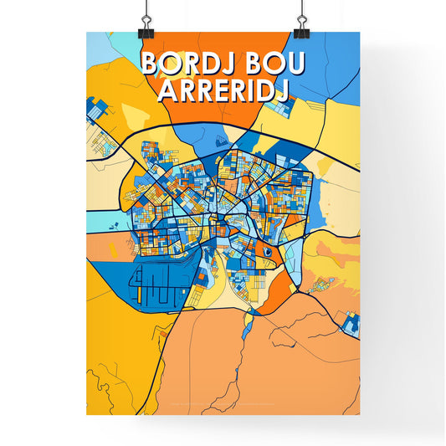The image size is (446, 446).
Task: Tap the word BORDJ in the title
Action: pyautogui.click(x=187, y=65)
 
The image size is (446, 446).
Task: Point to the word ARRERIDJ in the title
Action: pyautogui.click(x=223, y=90)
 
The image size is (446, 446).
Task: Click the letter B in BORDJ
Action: pyautogui.click(x=150, y=65)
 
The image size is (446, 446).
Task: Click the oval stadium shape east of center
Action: pyautogui.click(x=266, y=249)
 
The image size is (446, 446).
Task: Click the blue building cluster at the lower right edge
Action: pyautogui.click(x=348, y=320)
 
